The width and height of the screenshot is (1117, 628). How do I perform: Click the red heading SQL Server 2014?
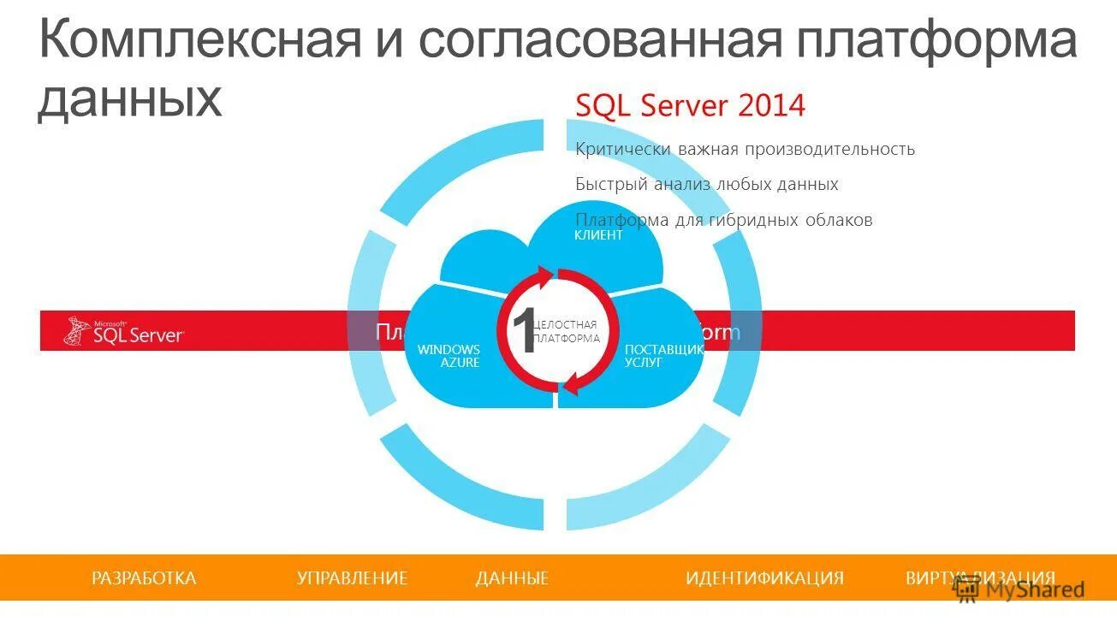point(690,106)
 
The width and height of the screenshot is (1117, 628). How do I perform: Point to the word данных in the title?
point(129,99)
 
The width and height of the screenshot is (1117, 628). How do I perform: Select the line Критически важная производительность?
point(745,150)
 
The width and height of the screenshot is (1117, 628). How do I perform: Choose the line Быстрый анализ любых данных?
point(706,185)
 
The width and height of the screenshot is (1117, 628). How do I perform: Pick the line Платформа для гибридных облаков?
point(723,221)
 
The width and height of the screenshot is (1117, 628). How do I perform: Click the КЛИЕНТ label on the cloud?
point(598,235)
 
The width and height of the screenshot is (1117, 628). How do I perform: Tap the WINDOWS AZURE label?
point(449,356)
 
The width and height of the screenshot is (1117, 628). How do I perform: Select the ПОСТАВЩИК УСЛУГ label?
point(663,356)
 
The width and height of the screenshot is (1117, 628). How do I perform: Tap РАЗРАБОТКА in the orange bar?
point(144,578)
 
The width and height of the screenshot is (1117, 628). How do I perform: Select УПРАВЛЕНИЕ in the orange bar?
point(352,578)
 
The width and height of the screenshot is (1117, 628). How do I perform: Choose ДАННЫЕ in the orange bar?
point(512,578)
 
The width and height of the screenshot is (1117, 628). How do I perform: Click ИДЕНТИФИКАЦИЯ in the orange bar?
point(764,578)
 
